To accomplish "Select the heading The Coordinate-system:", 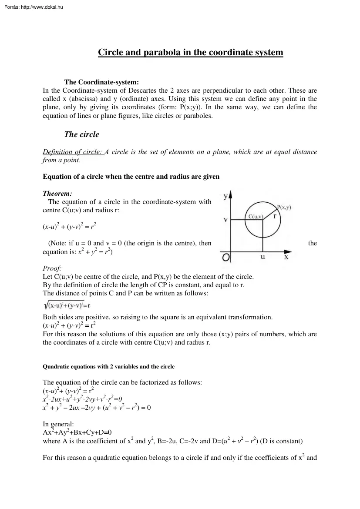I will point(101,82).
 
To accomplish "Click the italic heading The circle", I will point(81,134).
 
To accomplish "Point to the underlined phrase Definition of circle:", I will point(72,152).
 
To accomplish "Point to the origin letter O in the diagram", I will point(226,258).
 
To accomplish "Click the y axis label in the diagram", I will point(225,196).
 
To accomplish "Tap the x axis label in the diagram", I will point(286,257).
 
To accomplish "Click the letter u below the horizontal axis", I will point(262,257).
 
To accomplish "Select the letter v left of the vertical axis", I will point(225,220).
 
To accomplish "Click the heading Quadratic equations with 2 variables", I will point(108,367).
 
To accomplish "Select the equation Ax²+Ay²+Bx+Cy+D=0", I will point(77,432).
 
